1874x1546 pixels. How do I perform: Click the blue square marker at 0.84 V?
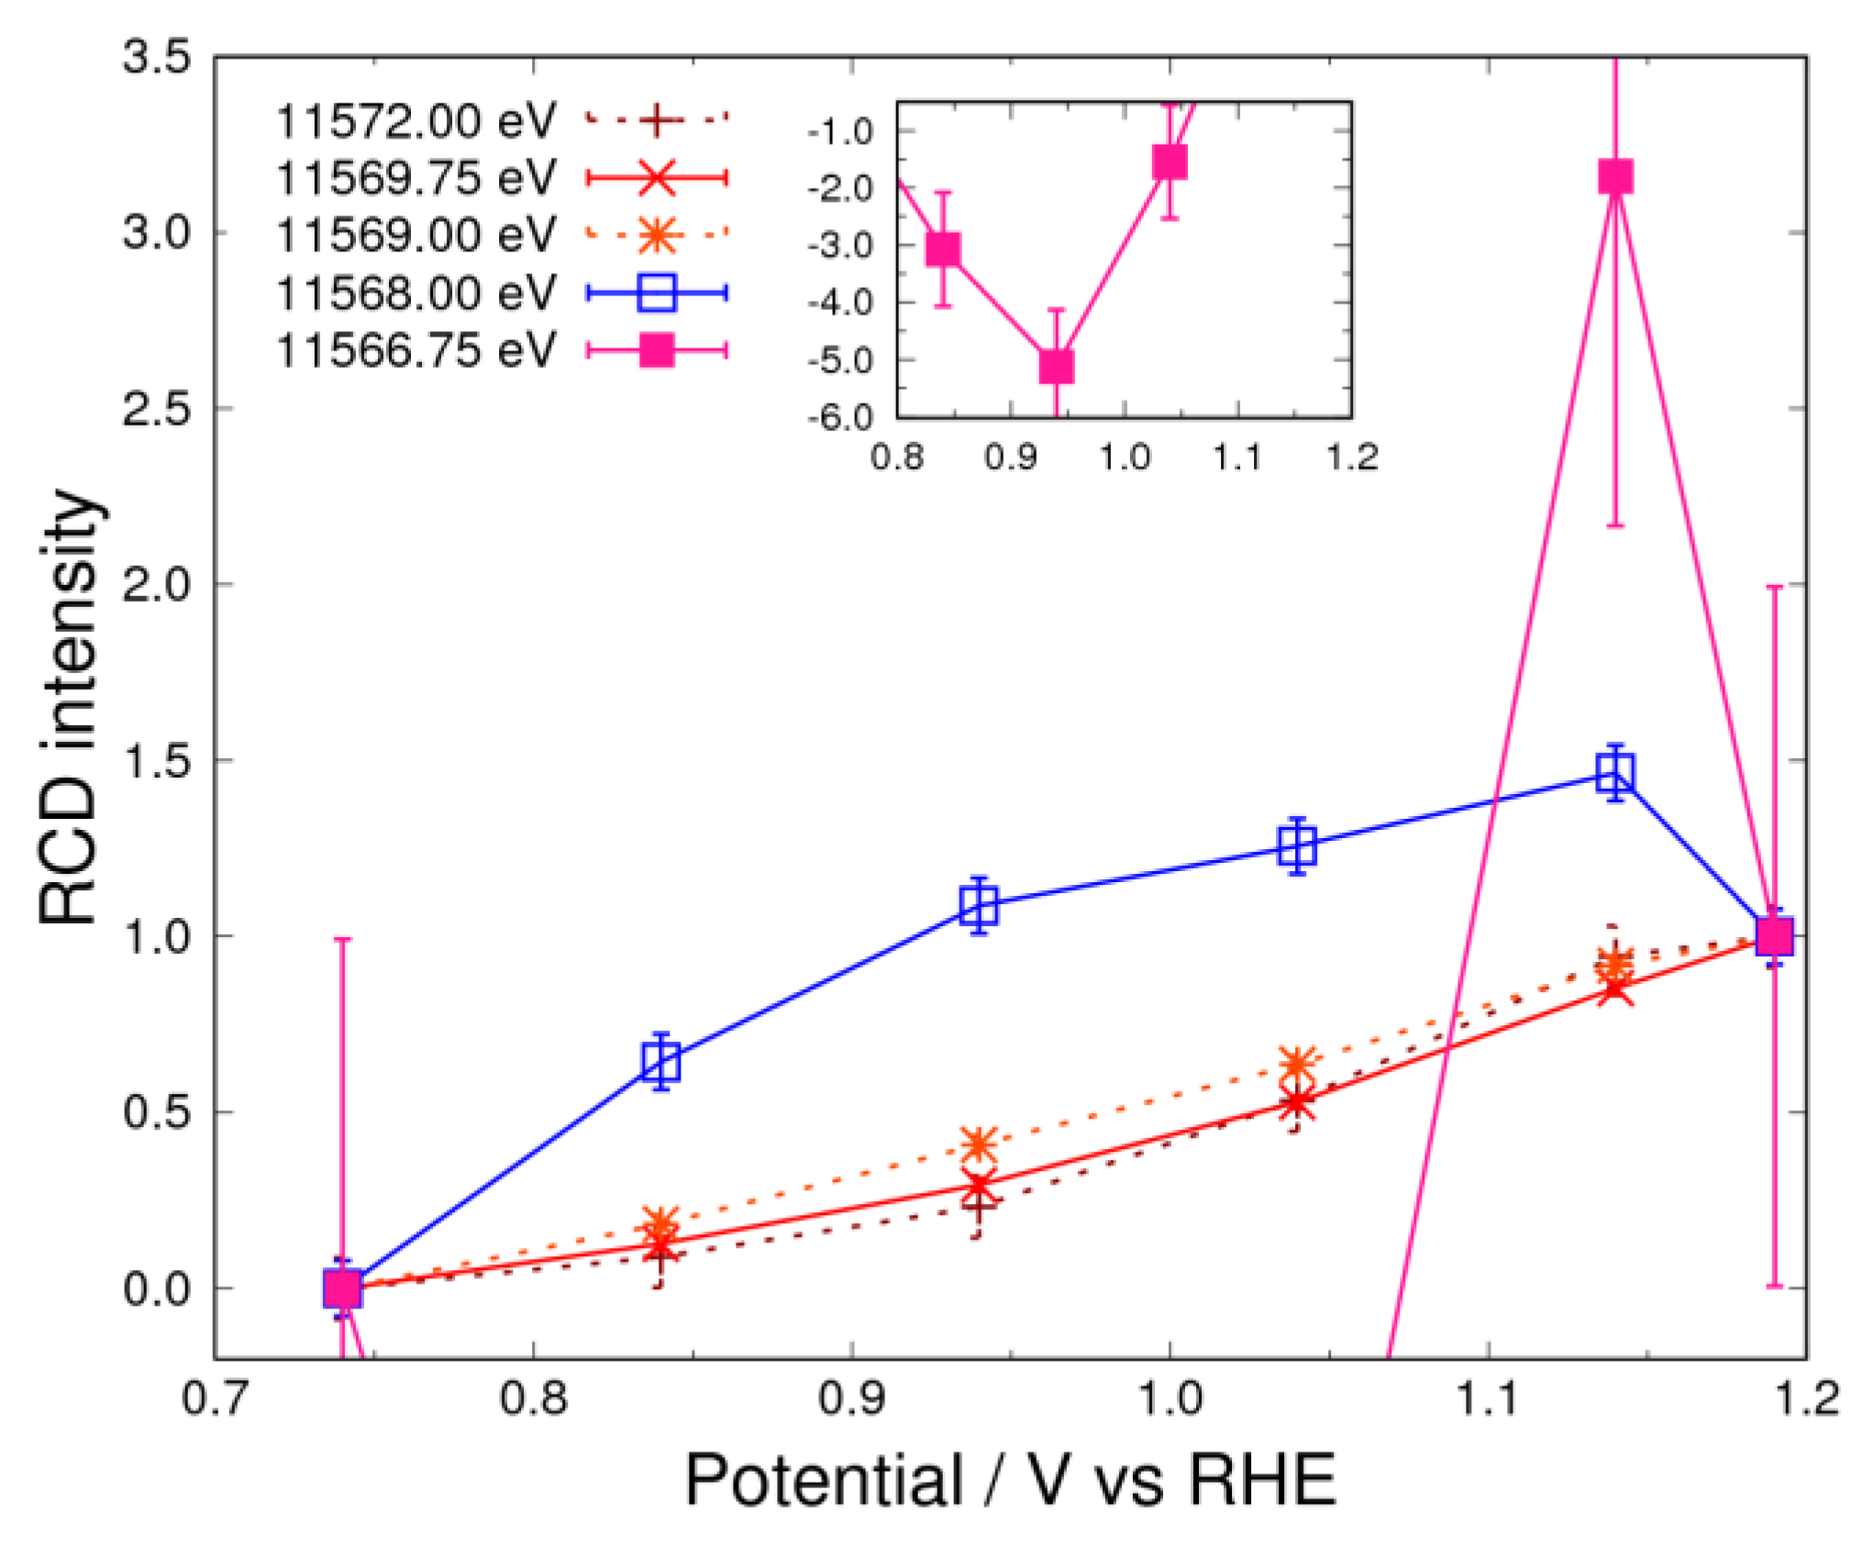click(x=661, y=1061)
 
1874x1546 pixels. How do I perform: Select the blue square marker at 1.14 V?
click(x=1615, y=772)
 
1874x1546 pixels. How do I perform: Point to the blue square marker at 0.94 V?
click(x=979, y=905)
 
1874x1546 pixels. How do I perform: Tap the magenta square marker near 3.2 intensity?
click(x=1615, y=176)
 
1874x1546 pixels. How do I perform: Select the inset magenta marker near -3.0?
click(x=943, y=248)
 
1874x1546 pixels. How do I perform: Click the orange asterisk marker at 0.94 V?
click(x=979, y=1143)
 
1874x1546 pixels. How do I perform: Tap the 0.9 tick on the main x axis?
click(x=851, y=1399)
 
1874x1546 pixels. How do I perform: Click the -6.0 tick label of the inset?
click(x=840, y=418)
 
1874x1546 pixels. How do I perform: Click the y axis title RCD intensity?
click(x=69, y=706)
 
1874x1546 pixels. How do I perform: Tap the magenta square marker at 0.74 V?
click(x=342, y=1287)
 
